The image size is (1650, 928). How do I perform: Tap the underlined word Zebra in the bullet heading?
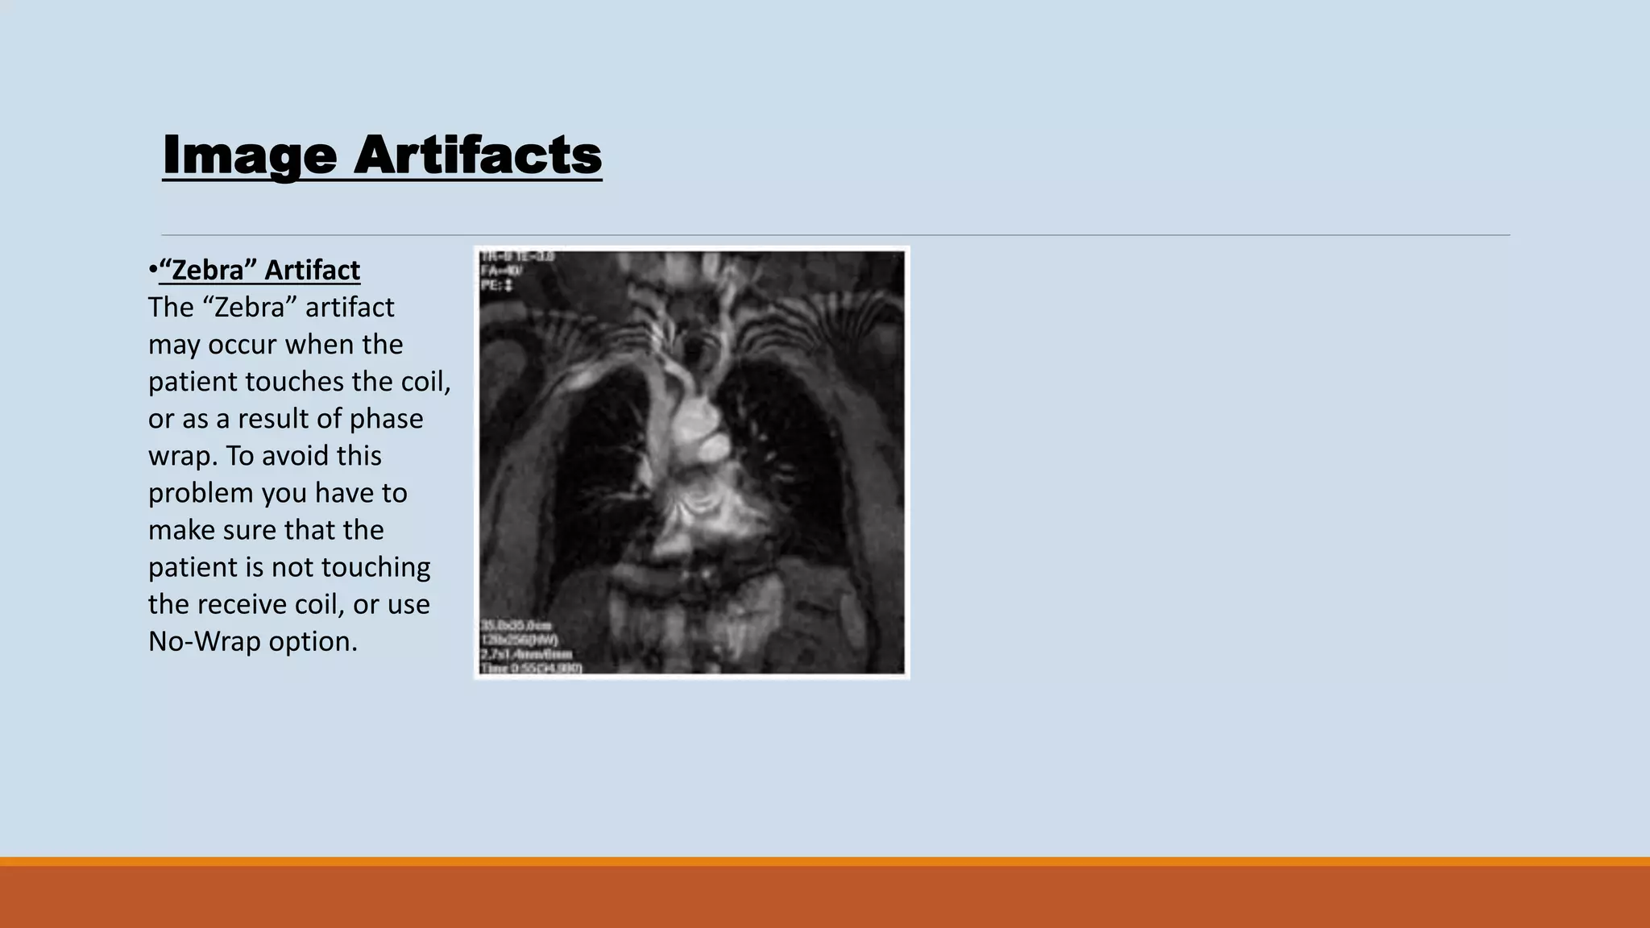click(x=205, y=270)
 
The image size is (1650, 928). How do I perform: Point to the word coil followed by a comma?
click(x=425, y=381)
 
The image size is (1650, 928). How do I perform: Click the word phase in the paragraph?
click(x=386, y=419)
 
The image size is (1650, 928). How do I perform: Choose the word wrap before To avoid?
click(x=182, y=456)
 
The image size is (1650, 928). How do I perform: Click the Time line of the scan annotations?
click(x=531, y=668)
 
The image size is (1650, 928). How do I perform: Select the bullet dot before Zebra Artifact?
click(x=152, y=271)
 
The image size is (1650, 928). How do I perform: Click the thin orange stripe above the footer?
click(x=825, y=861)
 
